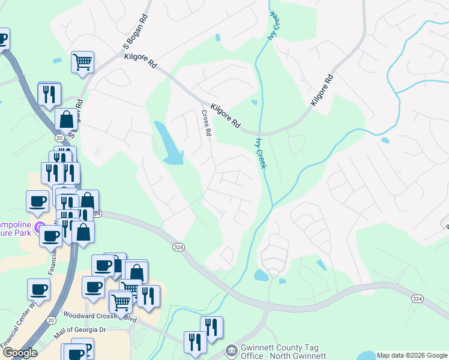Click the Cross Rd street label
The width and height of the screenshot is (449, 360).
(x=206, y=123)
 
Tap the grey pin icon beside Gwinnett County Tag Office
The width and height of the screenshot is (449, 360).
(x=231, y=349)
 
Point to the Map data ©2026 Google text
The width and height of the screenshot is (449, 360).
(x=412, y=355)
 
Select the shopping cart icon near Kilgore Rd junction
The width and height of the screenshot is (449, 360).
(x=82, y=61)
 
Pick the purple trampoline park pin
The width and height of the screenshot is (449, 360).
(x=40, y=227)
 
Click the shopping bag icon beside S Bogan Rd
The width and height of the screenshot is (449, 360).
(x=66, y=119)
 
